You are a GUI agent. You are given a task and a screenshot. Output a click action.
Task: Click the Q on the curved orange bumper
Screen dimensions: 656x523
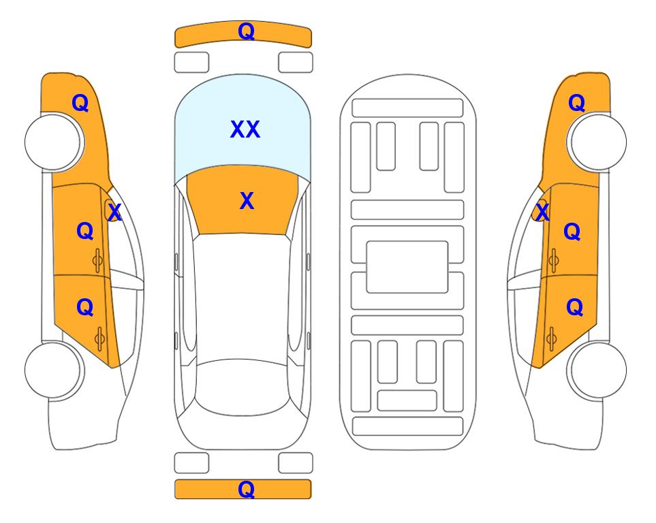(246, 31)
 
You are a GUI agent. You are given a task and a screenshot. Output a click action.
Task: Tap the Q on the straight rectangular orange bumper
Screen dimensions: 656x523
(246, 489)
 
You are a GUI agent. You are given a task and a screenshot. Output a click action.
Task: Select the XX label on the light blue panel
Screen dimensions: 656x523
(245, 129)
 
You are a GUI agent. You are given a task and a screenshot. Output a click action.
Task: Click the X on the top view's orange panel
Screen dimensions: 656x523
(247, 201)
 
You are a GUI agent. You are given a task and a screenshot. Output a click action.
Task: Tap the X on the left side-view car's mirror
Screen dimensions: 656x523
(114, 212)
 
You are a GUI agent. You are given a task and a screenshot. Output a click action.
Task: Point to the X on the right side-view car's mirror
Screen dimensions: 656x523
(542, 211)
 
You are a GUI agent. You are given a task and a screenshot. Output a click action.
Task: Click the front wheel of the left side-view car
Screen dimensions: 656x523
(53, 142)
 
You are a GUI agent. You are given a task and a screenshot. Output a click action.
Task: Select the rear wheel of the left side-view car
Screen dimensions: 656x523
(53, 370)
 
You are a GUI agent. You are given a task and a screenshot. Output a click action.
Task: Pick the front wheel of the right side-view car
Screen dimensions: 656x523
(598, 142)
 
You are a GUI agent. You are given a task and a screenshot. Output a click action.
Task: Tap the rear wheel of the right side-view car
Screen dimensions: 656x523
(598, 370)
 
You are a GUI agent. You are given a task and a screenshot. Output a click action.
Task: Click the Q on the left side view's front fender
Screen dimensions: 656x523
(80, 103)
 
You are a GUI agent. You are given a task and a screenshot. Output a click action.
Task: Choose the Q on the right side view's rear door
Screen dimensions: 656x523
(574, 308)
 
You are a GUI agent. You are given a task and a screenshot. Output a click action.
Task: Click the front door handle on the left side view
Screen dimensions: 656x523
(97, 261)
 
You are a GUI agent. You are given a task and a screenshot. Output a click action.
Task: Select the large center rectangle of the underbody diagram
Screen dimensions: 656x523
(407, 267)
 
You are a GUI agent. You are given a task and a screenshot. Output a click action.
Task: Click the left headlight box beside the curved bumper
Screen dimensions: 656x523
(191, 63)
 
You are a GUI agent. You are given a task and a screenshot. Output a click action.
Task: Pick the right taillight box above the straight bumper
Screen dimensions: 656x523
(296, 463)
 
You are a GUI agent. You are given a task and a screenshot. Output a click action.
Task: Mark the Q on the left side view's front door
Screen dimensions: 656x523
(85, 231)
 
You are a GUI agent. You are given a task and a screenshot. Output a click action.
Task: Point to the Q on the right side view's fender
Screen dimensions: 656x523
(576, 103)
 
